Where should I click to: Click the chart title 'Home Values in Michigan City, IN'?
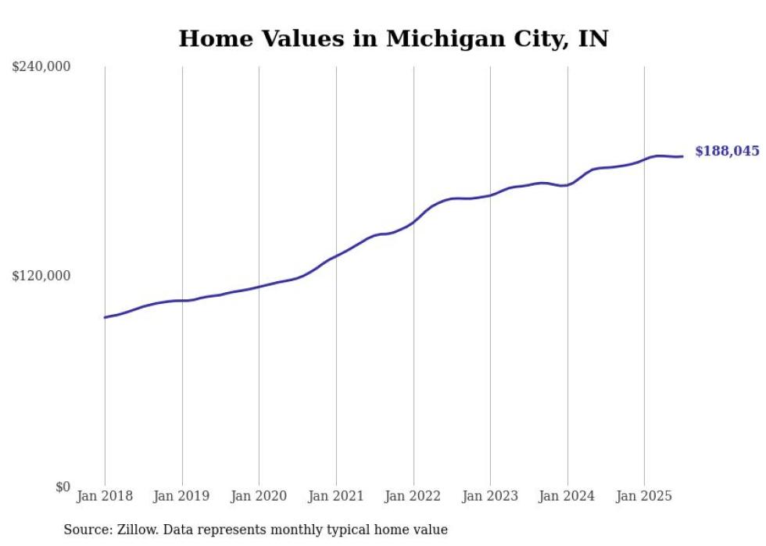point(393,38)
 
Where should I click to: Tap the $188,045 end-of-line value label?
point(727,152)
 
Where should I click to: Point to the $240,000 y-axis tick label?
point(41,67)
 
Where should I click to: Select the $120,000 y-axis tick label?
point(41,276)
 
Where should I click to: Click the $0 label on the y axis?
point(63,487)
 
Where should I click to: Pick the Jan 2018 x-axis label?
point(105,496)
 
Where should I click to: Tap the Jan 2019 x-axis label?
point(182,496)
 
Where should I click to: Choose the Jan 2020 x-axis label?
point(259,496)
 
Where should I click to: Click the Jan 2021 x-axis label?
point(336,496)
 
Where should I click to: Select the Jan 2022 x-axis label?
point(413,496)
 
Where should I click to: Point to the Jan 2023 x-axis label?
point(490,496)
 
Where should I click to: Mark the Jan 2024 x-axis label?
point(567,496)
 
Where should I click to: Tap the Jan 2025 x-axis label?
point(644,496)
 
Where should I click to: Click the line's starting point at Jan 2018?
point(105,317)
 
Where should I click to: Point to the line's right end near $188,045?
point(682,156)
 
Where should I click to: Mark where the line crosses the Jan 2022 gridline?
point(413,223)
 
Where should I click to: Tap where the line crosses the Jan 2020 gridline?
point(259,287)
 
